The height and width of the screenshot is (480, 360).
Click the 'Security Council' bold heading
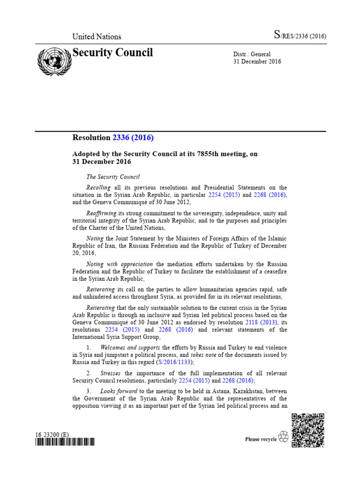pos(112,52)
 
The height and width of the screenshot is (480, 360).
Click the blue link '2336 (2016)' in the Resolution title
pos(133,138)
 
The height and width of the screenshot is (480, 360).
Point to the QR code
pos(307,430)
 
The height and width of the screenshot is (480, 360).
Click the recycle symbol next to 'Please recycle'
pos(283,437)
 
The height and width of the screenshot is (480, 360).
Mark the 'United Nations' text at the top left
pos(97,37)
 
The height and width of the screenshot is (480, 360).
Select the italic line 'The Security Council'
pos(113,177)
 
